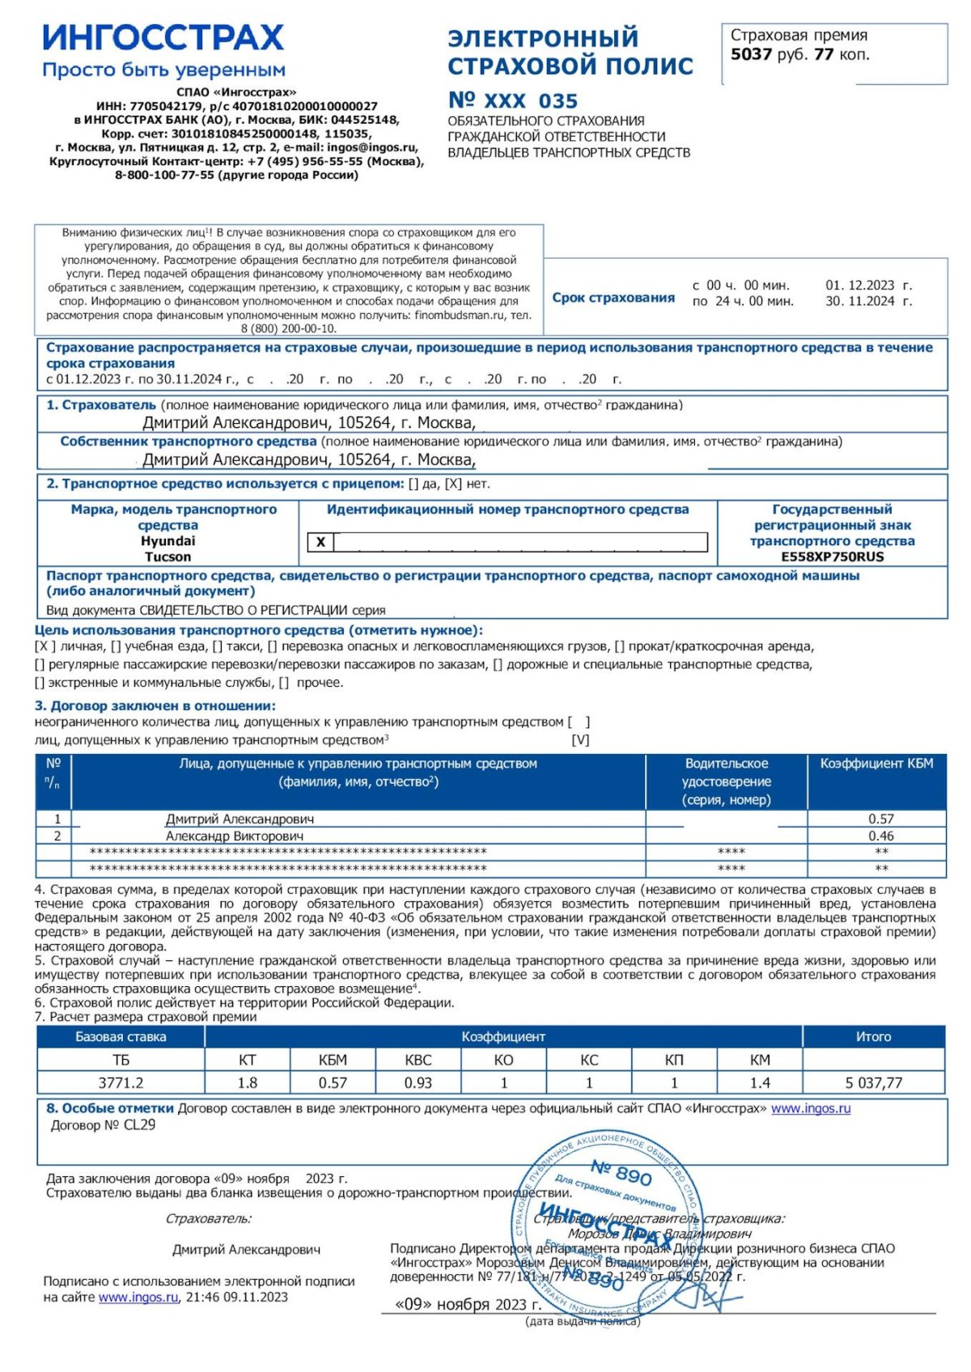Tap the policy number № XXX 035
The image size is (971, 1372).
coord(513,101)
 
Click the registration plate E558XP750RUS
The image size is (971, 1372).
coord(832,557)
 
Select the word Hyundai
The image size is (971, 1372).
coord(167,541)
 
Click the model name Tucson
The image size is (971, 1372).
coord(167,557)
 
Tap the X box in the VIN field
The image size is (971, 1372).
coord(320,543)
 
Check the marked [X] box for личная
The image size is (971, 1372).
coord(45,647)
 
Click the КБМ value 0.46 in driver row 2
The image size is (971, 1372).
coord(880,836)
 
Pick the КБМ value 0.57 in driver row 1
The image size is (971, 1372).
coord(880,819)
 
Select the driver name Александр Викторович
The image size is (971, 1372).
coord(235,836)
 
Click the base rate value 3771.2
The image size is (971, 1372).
coord(121,1083)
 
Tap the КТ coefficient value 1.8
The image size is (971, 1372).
coord(247,1083)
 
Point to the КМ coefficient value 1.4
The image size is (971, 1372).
coord(760,1083)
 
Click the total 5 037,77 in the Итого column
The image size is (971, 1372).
coord(873,1083)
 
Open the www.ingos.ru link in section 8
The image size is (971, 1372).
coord(810,1109)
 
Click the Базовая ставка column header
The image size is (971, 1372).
coord(121,1037)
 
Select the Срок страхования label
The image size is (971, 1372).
coord(613,298)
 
